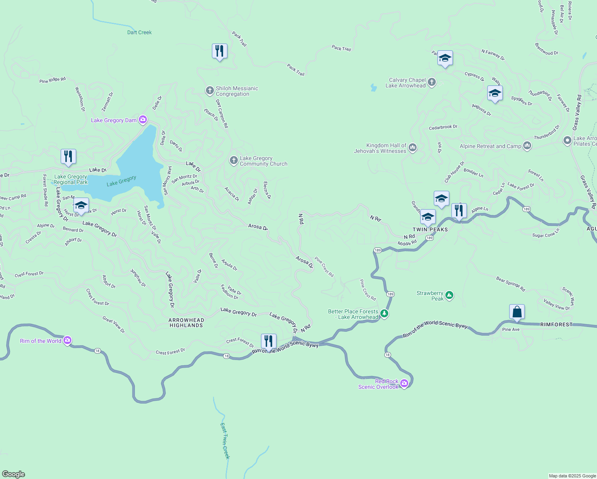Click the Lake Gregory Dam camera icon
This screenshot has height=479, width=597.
(143, 120)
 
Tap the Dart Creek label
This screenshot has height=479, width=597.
(139, 32)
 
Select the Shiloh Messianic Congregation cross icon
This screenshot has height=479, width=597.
(210, 91)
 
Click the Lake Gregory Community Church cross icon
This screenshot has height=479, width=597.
(233, 160)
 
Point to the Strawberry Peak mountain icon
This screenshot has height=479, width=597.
(449, 295)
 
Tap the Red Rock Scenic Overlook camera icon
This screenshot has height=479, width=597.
(404, 384)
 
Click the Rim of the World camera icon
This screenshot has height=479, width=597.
(67, 340)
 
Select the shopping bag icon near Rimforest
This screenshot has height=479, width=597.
(517, 312)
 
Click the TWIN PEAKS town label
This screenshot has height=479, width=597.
(430, 230)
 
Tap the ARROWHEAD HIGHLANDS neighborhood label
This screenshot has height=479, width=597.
(186, 323)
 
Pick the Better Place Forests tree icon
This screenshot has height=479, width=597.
(384, 314)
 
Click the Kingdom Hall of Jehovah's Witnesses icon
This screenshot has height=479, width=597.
(413, 148)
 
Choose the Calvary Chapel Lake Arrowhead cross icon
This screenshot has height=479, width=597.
(431, 82)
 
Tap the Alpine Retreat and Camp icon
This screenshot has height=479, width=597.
(527, 146)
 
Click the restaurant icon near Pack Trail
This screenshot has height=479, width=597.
(219, 51)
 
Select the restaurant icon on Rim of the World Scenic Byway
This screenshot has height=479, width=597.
(269, 342)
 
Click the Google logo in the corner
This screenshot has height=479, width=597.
(14, 474)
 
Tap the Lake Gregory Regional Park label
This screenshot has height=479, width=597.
(71, 179)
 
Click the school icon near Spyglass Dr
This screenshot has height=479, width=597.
(495, 94)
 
